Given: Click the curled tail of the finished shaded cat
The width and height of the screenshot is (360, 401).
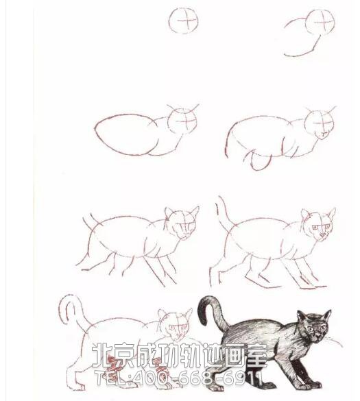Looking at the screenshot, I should tap(209, 312).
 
